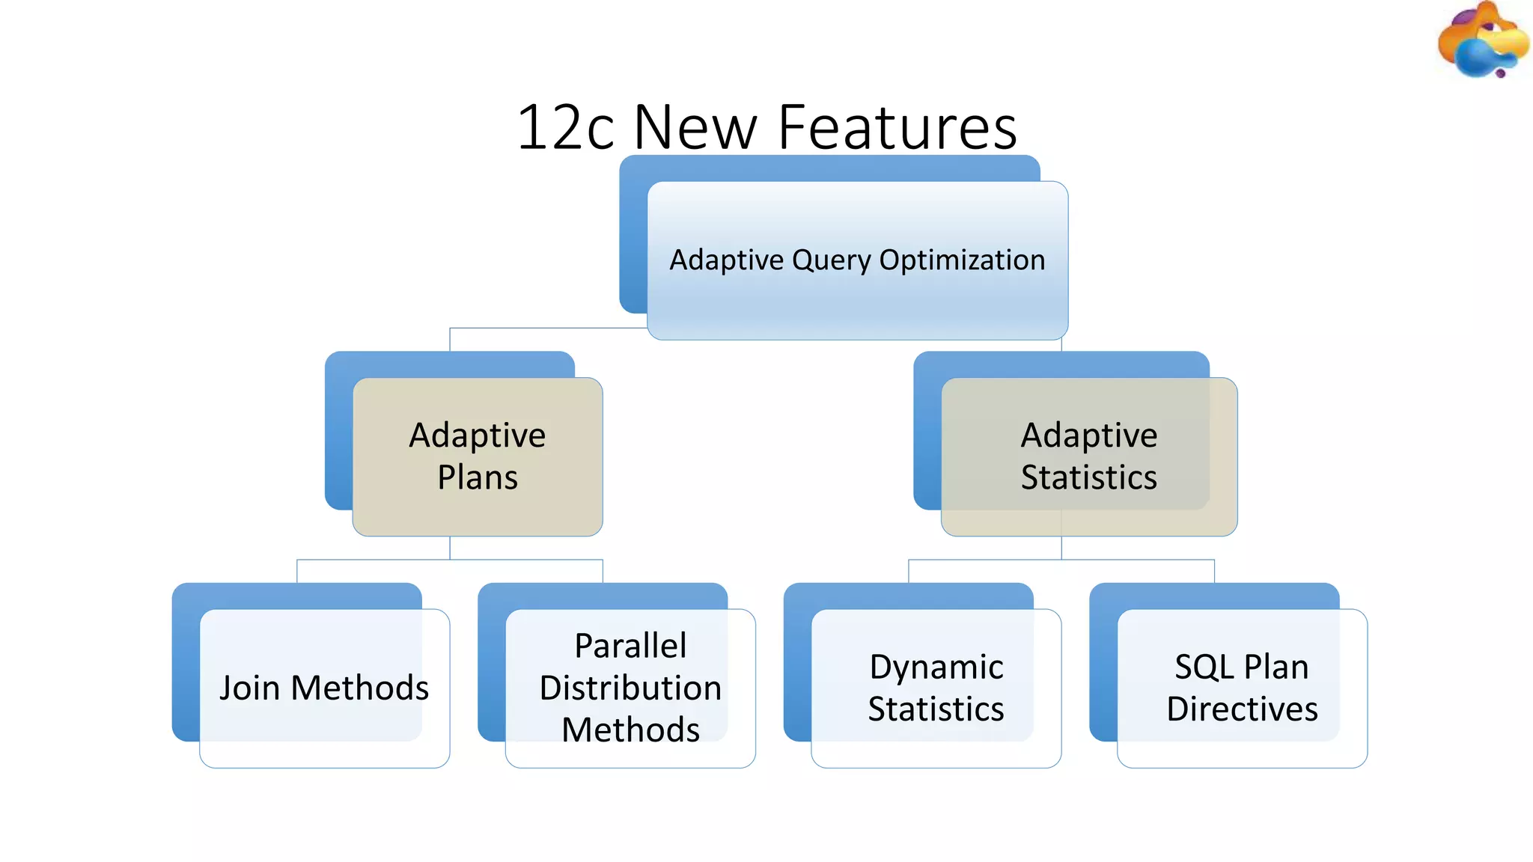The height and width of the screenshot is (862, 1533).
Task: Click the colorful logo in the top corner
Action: [1481, 40]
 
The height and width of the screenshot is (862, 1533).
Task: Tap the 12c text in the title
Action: [565, 127]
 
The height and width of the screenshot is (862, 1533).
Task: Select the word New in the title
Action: [695, 127]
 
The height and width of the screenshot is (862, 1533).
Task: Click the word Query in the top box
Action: [832, 260]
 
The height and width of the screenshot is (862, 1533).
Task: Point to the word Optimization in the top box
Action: [962, 260]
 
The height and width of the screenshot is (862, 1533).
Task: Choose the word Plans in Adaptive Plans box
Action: [478, 477]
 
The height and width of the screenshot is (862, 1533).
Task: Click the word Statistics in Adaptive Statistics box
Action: [1088, 477]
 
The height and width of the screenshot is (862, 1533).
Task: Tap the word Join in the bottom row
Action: [249, 688]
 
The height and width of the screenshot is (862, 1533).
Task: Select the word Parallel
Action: [630, 646]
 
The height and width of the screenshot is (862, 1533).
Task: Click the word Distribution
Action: [630, 688]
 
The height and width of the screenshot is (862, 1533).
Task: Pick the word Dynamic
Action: [936, 667]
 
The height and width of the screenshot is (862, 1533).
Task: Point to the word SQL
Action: [1204, 667]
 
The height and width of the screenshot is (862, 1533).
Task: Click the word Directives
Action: [1242, 709]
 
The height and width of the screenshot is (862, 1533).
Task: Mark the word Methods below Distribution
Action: [630, 730]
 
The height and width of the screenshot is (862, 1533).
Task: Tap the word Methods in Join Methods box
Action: [360, 688]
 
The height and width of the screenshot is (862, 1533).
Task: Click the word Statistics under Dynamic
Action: [936, 709]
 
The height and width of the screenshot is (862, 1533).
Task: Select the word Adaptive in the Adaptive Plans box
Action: [478, 435]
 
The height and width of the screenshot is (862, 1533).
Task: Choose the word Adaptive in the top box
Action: [726, 260]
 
